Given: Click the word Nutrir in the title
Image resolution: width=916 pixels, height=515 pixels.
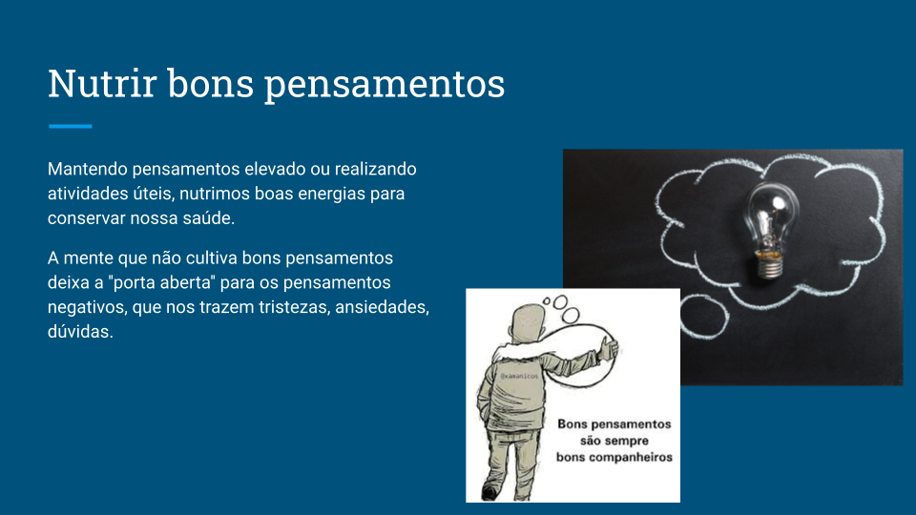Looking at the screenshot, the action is tap(102, 83).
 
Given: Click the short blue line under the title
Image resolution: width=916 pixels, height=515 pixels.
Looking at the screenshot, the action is tap(70, 126).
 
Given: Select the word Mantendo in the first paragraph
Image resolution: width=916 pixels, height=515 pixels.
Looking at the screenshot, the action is tap(87, 169).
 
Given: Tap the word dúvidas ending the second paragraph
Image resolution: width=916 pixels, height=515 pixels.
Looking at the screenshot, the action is tap(80, 331).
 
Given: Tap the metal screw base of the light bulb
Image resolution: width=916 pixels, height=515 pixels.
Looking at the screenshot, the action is tap(770, 266).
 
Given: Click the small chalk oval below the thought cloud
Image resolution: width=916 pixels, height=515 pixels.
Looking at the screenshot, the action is tap(705, 316).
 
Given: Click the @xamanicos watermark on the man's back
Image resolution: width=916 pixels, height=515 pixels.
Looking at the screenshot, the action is tap(519, 376).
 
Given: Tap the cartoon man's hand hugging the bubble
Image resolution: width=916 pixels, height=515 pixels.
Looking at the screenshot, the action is tap(609, 349).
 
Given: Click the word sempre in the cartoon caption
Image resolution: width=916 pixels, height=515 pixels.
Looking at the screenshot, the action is tap(628, 441).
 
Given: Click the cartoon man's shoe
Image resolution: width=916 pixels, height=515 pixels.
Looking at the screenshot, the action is tap(489, 492).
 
